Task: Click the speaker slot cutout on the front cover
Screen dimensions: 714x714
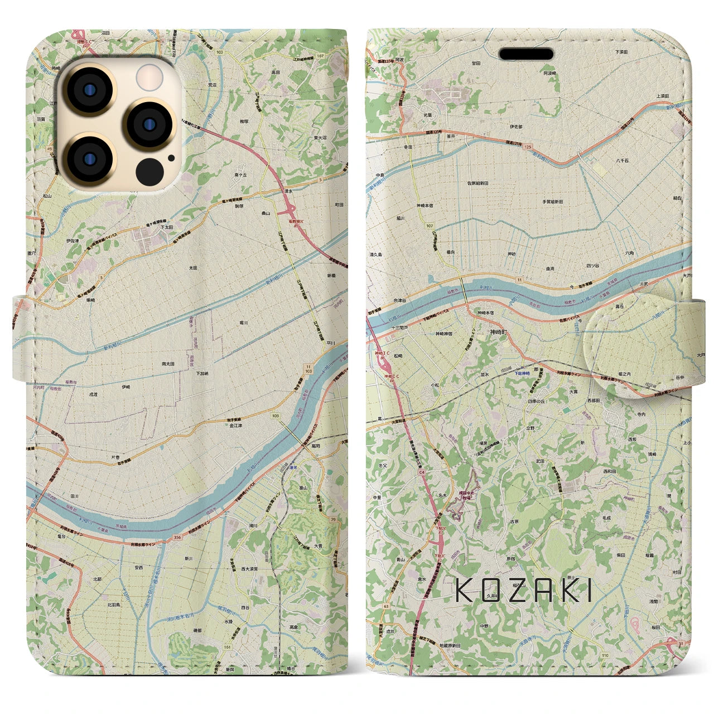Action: pos(525,54)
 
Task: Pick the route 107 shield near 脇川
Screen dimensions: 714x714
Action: pos(428,226)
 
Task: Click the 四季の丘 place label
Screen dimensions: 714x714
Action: pos(536,401)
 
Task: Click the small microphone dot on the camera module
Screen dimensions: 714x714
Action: pos(171,158)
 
